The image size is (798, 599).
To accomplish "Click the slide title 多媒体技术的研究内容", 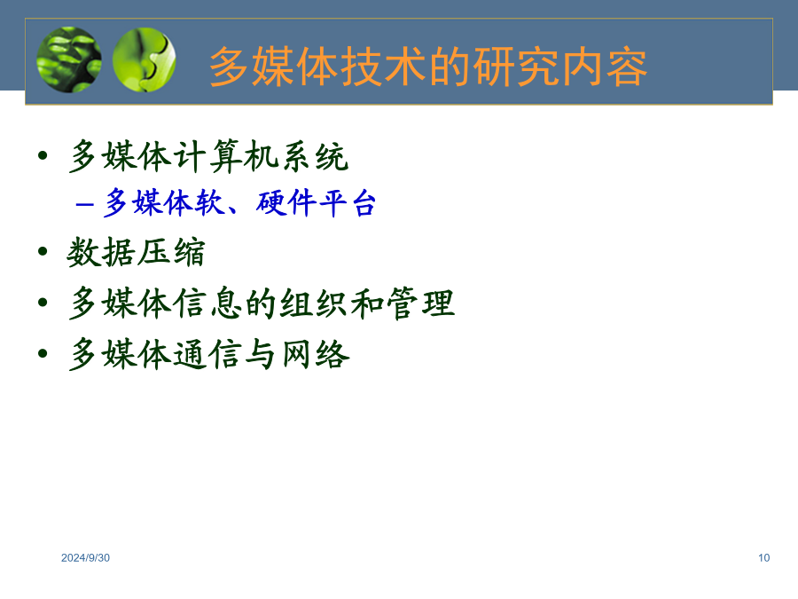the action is [428, 67].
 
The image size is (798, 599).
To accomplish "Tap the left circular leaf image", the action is [68, 59].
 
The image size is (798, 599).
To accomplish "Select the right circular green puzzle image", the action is [144, 59].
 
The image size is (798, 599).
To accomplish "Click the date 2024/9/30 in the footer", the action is [85, 558].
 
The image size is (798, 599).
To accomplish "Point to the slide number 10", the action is [763, 558].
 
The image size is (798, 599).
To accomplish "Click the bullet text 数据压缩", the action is [136, 252].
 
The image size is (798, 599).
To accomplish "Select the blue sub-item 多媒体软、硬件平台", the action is [239, 202].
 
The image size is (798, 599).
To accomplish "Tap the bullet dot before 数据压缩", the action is [43, 251].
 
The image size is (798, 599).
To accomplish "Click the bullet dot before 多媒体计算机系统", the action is [43, 154].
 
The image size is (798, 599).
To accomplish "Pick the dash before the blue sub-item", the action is [84, 204].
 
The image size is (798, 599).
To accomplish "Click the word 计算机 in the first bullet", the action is [225, 156].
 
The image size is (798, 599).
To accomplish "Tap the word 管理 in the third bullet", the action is [420, 303].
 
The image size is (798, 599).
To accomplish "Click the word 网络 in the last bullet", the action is [316, 354].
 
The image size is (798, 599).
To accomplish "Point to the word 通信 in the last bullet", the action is [207, 354].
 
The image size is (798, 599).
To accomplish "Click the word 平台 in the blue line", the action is [347, 202].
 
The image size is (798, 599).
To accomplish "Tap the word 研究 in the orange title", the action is [517, 67].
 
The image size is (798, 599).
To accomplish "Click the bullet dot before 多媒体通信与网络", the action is [43, 353].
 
